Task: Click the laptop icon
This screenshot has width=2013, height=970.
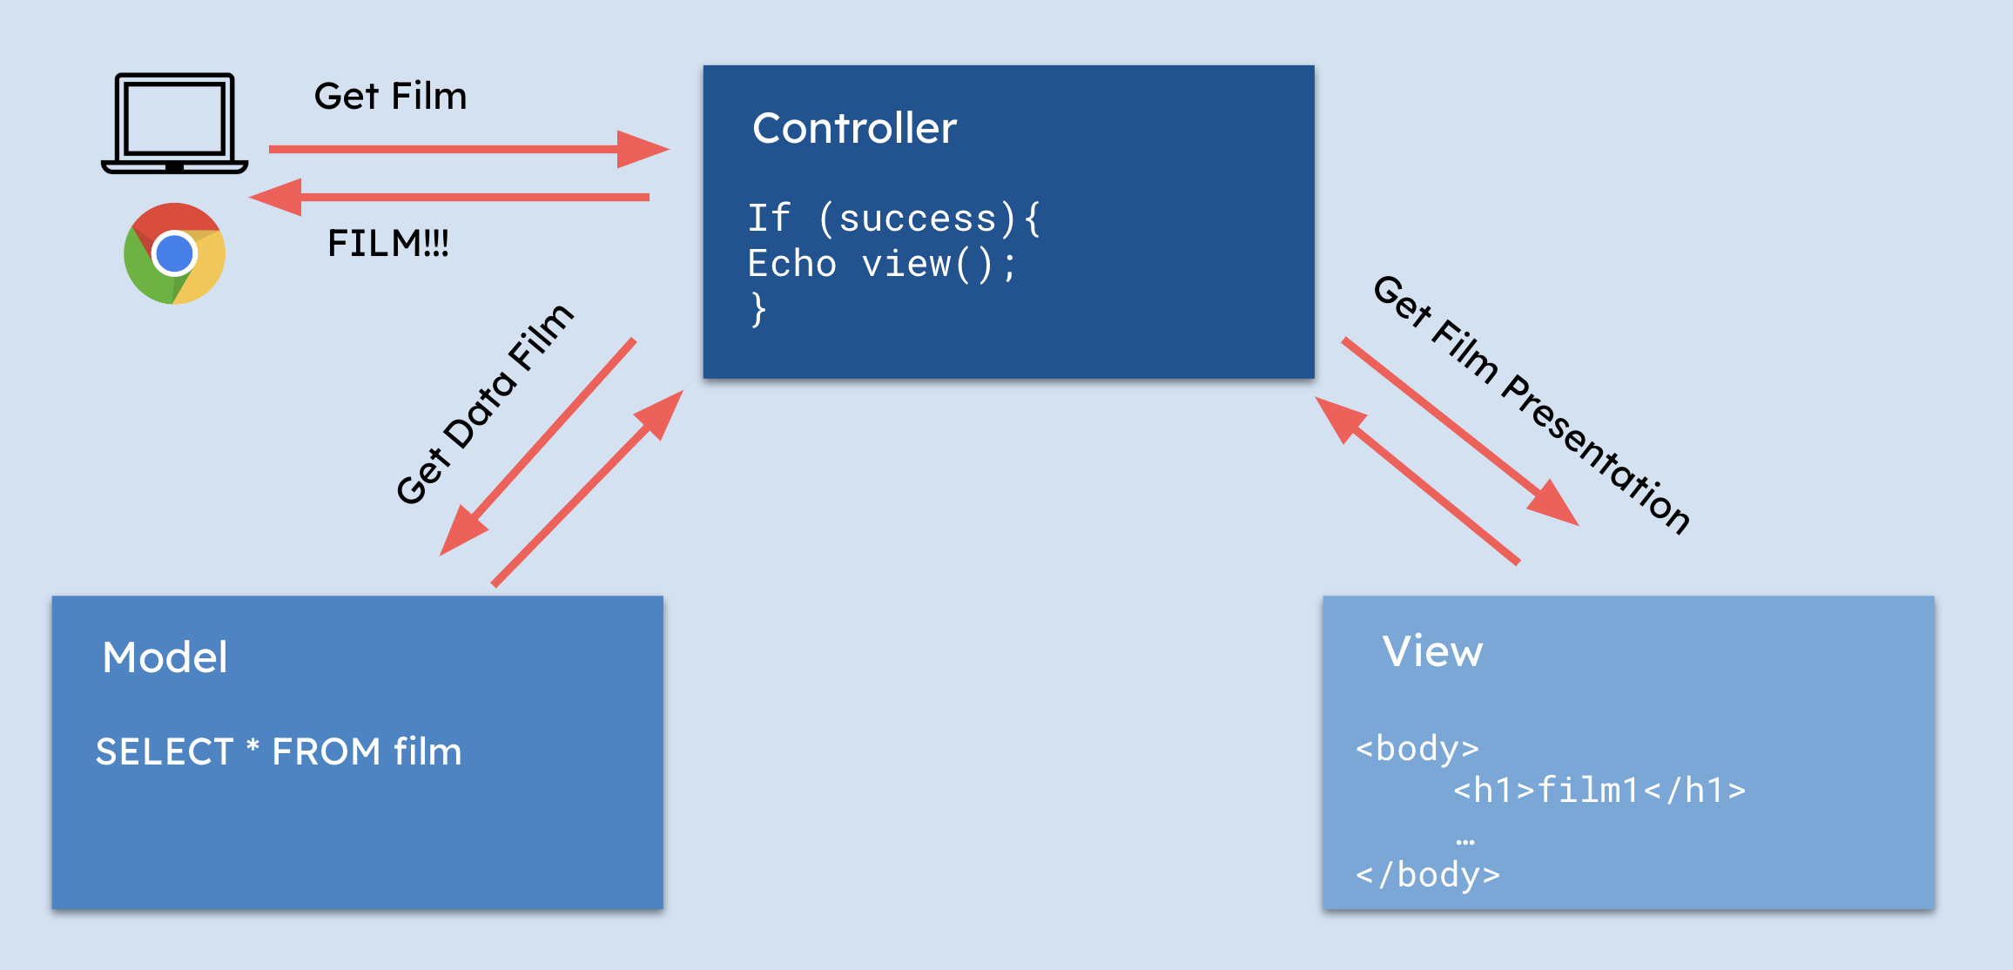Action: click(174, 124)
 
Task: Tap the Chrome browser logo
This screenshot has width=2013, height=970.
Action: click(174, 253)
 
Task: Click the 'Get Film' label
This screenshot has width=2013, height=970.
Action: click(390, 96)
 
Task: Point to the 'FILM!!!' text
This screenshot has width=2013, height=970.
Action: click(387, 243)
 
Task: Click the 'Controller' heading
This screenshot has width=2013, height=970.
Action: click(854, 128)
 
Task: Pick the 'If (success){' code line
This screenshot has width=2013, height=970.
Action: click(893, 218)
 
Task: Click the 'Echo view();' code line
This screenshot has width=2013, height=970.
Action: click(881, 263)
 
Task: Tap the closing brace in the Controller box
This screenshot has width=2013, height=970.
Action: click(758, 308)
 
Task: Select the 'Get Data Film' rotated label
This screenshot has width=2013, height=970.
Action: click(484, 404)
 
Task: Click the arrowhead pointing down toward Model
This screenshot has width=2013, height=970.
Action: click(461, 532)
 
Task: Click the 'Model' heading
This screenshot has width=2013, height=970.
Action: click(165, 657)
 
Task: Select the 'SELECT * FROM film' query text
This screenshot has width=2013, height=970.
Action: click(279, 751)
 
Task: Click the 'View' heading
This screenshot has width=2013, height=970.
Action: click(1432, 651)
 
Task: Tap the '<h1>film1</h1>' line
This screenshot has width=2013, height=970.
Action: click(1599, 790)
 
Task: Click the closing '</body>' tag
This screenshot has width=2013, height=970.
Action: click(1428, 873)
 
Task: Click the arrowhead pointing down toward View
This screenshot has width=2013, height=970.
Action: click(1553, 505)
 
